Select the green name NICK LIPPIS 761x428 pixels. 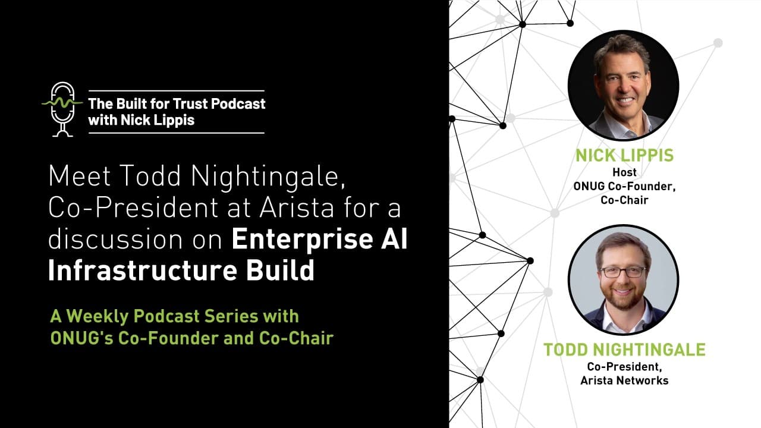click(x=624, y=156)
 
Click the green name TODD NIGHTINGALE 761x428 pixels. click(x=624, y=350)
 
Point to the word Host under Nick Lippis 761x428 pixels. click(x=624, y=172)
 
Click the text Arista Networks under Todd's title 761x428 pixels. click(x=624, y=380)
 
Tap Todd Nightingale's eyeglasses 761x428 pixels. click(x=622, y=272)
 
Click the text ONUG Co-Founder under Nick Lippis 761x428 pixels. click(x=624, y=186)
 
